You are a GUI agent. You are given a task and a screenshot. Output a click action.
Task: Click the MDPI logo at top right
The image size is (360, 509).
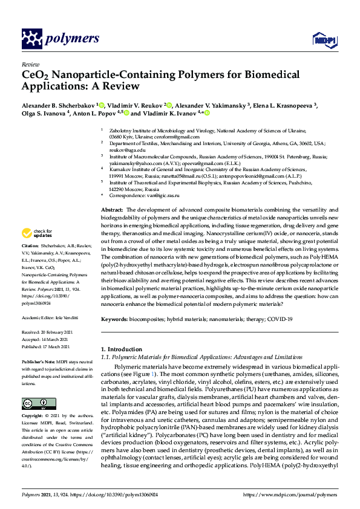coord(325,40)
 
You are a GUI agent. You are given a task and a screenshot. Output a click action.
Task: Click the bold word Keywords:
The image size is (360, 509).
coord(115,319)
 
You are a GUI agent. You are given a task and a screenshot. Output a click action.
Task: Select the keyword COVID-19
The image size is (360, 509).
coord(280,319)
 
